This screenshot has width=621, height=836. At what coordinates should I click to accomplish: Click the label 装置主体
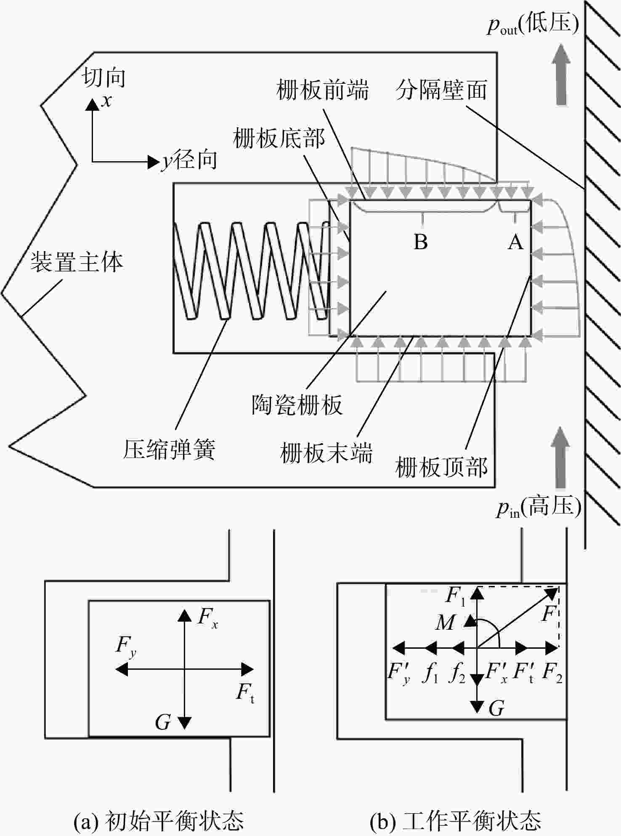click(77, 262)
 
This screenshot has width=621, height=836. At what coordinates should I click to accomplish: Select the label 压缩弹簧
click(169, 449)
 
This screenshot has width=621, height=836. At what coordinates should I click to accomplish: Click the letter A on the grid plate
click(516, 242)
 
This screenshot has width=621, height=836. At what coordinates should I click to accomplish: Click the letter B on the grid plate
click(421, 242)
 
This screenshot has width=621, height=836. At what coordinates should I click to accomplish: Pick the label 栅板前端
click(322, 90)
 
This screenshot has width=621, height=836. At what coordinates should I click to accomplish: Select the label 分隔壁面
click(441, 90)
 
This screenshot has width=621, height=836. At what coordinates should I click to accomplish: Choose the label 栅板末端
click(326, 453)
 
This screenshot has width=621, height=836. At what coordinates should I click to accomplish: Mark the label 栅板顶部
click(441, 467)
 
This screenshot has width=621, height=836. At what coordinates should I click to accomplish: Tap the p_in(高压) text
click(539, 506)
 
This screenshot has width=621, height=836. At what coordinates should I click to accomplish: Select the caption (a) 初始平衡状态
click(159, 820)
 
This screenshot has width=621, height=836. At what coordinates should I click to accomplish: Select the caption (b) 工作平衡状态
click(456, 820)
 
